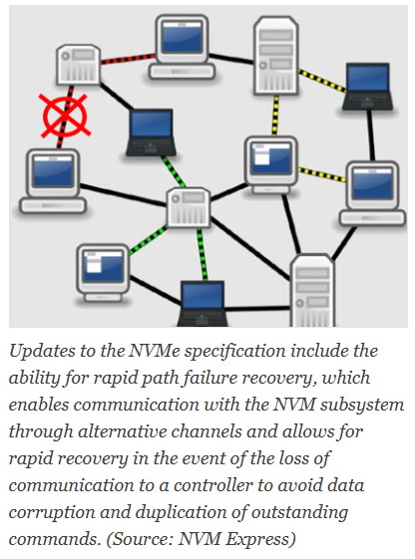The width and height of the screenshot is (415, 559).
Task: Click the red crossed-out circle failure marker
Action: click(x=65, y=116)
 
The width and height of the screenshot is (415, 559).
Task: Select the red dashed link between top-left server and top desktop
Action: click(x=128, y=59)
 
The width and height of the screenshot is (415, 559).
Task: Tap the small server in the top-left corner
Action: click(x=79, y=65)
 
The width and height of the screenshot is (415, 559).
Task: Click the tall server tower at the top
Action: click(x=275, y=55)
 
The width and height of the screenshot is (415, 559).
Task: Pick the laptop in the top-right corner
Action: click(x=367, y=87)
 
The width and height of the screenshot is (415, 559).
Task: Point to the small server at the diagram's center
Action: click(x=189, y=207)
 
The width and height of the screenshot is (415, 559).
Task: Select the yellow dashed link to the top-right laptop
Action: click(x=322, y=82)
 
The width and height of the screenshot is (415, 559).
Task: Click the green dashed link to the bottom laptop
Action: click(x=203, y=254)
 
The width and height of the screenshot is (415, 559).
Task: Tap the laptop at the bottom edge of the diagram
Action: click(x=203, y=303)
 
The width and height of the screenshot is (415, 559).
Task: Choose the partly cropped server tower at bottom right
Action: click(x=312, y=290)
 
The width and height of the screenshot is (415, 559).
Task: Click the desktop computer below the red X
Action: click(x=53, y=181)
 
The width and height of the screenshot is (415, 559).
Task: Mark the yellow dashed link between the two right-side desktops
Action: click(x=322, y=174)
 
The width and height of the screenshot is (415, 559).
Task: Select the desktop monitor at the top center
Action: click(x=182, y=47)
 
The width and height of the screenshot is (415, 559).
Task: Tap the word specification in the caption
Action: click(x=234, y=352)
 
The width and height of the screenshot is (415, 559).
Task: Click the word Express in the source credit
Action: click(x=260, y=540)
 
